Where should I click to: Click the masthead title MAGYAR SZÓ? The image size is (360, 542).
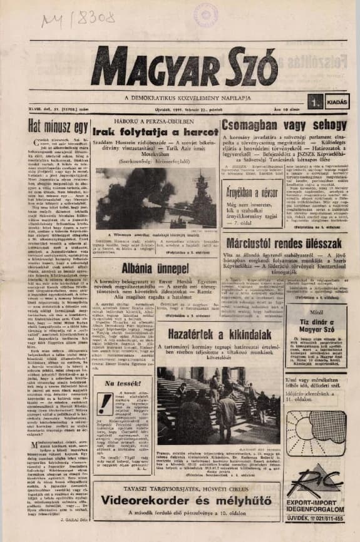point(175,66)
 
